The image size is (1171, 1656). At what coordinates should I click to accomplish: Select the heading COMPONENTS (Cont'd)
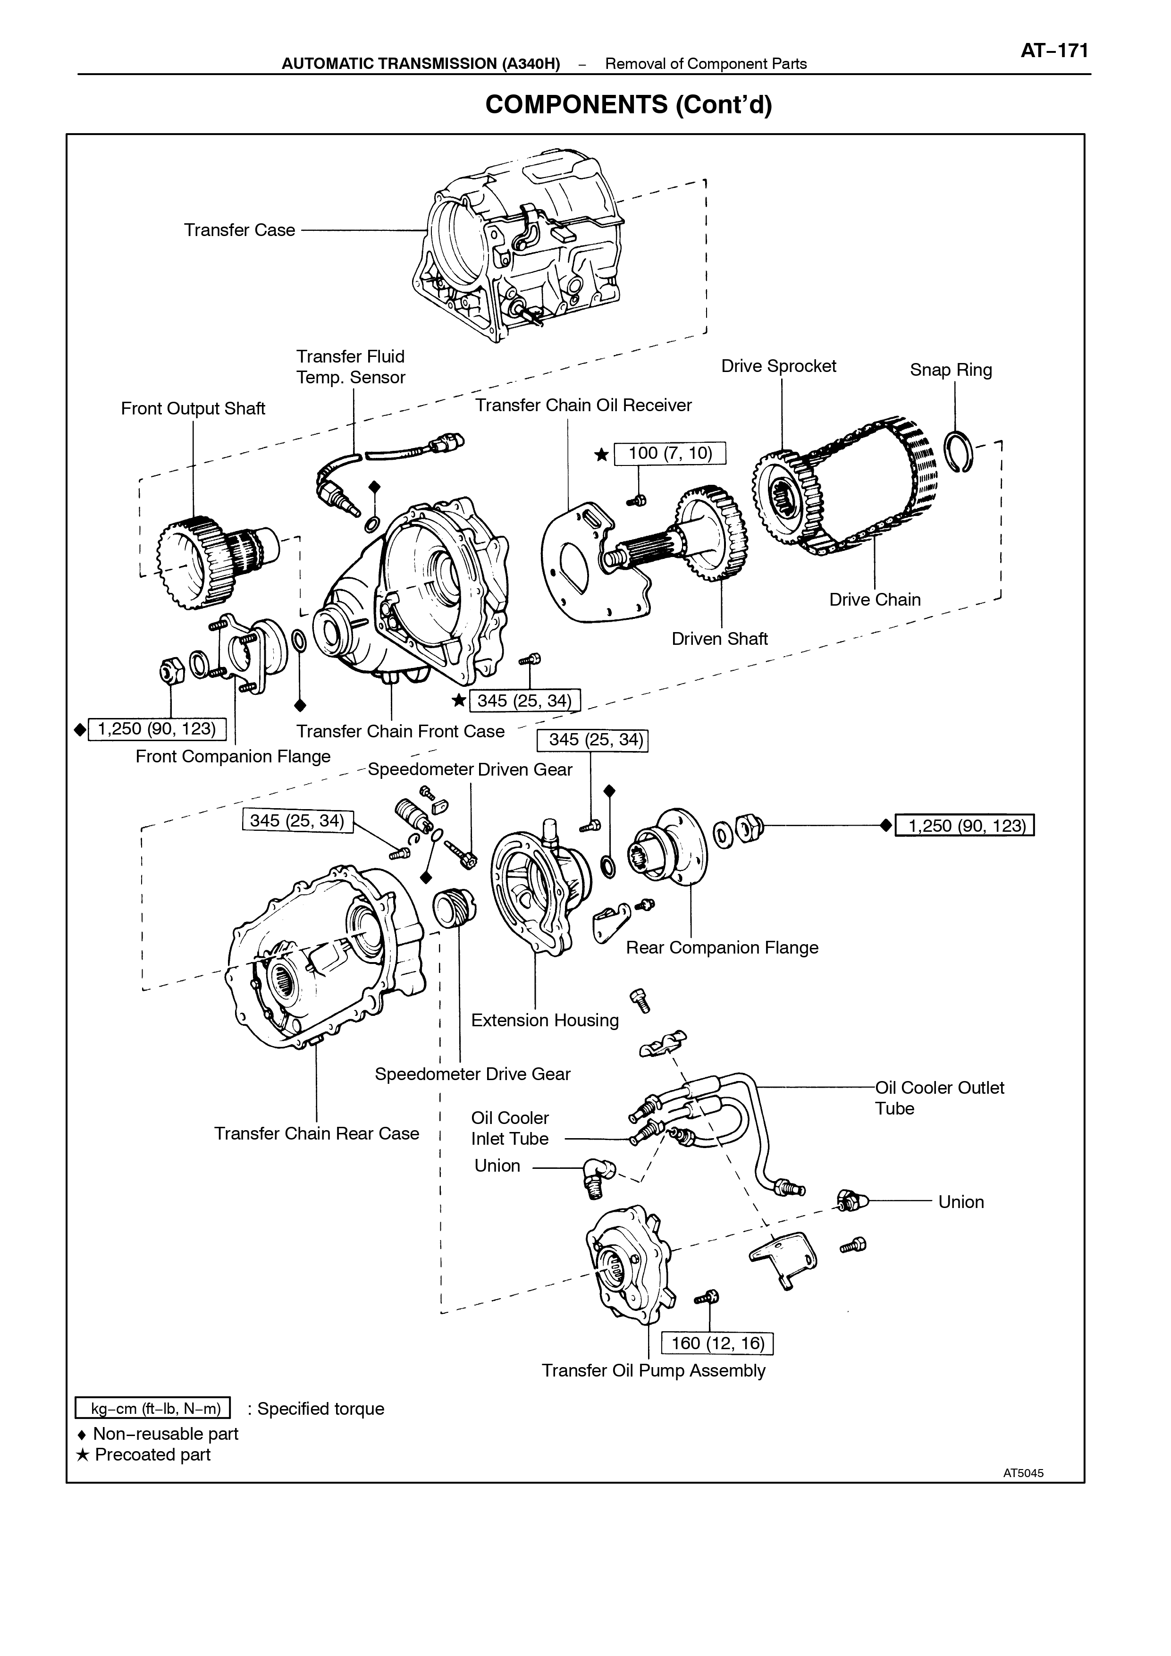[x=629, y=105]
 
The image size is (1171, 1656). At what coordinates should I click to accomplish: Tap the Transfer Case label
[x=239, y=230]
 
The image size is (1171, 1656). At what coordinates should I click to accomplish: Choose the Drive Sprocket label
[x=779, y=366]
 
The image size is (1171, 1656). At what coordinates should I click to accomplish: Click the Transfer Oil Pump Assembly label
[x=653, y=1370]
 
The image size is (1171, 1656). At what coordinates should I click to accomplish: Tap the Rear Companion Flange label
[x=722, y=948]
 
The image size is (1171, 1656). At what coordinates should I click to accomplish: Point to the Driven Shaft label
[x=720, y=638]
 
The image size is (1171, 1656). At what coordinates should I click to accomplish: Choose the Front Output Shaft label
[x=193, y=408]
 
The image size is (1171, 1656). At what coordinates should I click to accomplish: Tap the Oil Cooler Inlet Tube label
[x=510, y=1128]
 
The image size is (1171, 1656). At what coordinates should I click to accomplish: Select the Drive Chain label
[x=875, y=600]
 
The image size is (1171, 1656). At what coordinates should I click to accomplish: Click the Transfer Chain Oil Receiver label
[x=583, y=406]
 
